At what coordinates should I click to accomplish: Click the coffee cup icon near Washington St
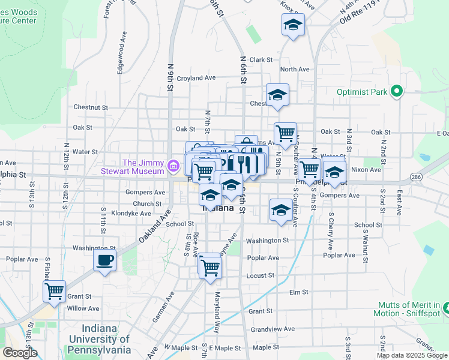coord(104,260)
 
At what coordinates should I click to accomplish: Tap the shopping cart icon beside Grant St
coord(55,291)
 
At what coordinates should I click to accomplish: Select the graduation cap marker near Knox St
coord(292,25)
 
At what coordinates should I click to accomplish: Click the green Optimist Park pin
coord(396,92)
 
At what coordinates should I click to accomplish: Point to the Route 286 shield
coord(416,177)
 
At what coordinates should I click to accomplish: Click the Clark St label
coord(261,60)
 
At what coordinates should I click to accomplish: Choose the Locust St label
coord(260,275)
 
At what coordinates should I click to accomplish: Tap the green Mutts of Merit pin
coord(447,309)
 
